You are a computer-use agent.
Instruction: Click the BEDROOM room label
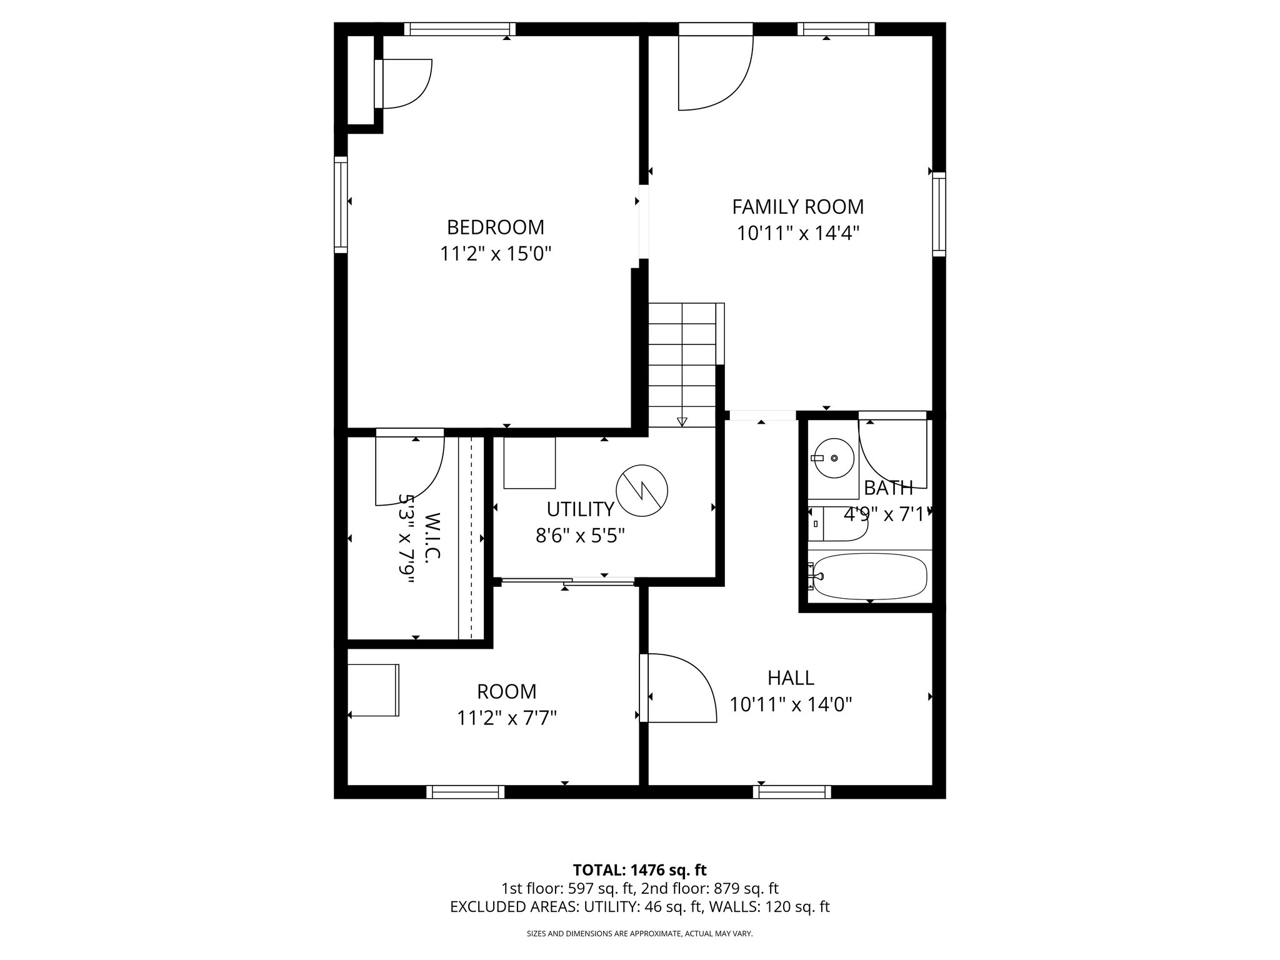pos(495,226)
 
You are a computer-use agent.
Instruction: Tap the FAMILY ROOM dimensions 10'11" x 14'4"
pos(798,234)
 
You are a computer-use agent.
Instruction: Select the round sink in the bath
pos(833,458)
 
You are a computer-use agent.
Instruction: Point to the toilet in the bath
pos(837,524)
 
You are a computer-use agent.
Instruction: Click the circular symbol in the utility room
pos(642,492)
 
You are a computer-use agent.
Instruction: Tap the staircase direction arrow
pos(682,421)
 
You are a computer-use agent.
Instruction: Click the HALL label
pos(791,677)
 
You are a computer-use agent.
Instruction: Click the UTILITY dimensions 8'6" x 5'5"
pos(580,536)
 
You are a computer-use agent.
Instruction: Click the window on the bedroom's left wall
pos(341,204)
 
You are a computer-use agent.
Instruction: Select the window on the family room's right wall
pos(939,214)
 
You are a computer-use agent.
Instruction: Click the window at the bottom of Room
pos(465,792)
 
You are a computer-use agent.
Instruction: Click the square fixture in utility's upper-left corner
pos(529,463)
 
